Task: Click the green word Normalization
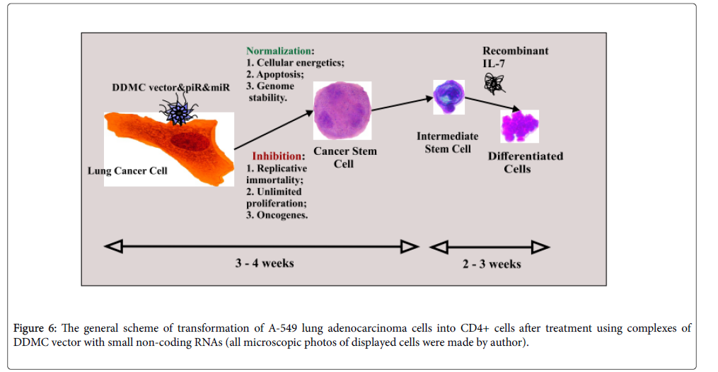[278, 52]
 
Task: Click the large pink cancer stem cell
[342, 112]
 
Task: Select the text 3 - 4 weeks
[265, 263]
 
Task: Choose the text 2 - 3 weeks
[492, 264]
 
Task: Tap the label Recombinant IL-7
[515, 57]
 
